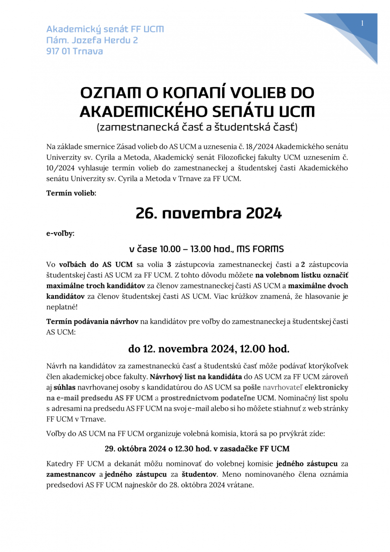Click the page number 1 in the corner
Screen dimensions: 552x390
362,23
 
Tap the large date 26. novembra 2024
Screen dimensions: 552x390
209,214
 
